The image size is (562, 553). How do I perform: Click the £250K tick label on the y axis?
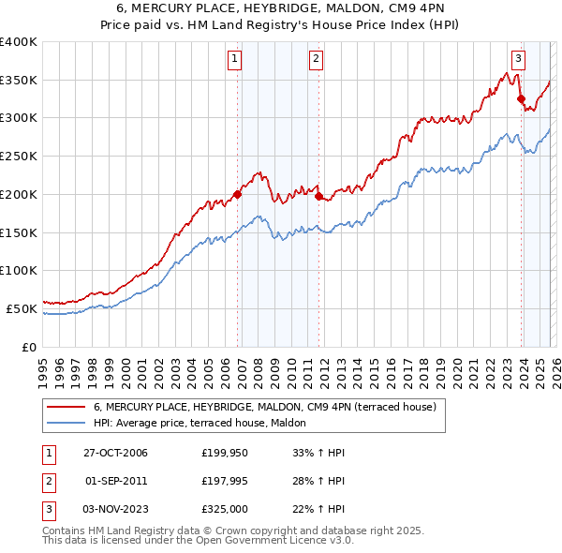pyautogui.click(x=19, y=157)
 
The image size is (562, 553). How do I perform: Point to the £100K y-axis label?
pyautogui.click(x=19, y=270)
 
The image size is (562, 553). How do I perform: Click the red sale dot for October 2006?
pyautogui.click(x=238, y=195)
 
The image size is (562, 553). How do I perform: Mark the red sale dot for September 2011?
pyautogui.click(x=318, y=197)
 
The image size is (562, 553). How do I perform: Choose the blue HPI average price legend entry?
pyautogui.click(x=206, y=424)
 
